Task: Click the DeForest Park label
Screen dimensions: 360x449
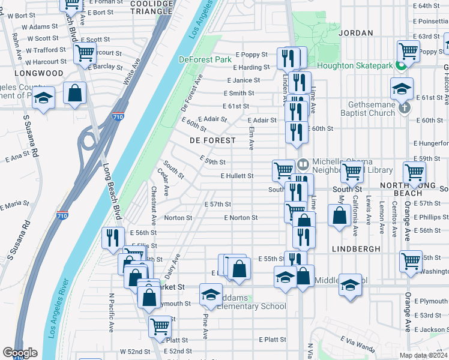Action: pyautogui.click(x=205, y=59)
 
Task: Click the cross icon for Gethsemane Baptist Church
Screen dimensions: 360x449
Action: pyautogui.click(x=405, y=107)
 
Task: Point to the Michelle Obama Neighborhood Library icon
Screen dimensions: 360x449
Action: pyautogui.click(x=303, y=163)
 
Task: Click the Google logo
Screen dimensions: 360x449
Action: pyautogui.click(x=20, y=353)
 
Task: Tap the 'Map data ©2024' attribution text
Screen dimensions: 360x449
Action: pyautogui.click(x=423, y=355)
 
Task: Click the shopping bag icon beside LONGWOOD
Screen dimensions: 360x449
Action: pyautogui.click(x=74, y=94)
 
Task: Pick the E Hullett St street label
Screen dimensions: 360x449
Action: pyautogui.click(x=237, y=176)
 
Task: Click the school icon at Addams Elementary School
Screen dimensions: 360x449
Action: pyautogui.click(x=211, y=295)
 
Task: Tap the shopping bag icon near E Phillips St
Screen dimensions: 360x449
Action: pyautogui.click(x=339, y=214)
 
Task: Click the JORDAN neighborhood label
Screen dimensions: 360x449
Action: pyautogui.click(x=356, y=34)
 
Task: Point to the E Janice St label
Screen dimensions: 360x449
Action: pyautogui.click(x=243, y=80)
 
